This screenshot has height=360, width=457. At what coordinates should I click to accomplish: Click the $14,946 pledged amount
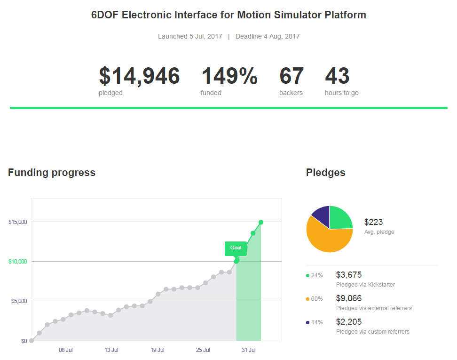(139, 76)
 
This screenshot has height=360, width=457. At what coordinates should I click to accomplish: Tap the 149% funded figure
(229, 76)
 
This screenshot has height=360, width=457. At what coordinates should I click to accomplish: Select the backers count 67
(292, 76)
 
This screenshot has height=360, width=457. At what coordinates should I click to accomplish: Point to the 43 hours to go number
(337, 76)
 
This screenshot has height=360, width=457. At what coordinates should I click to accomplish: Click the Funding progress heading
(52, 173)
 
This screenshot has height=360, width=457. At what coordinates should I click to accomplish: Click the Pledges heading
(325, 173)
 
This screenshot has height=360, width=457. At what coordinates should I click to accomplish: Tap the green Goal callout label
(236, 248)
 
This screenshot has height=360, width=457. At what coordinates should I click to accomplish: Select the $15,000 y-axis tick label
(18, 222)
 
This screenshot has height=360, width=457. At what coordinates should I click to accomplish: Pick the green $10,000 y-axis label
(18, 262)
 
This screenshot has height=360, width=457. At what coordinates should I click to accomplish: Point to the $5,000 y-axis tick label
(19, 301)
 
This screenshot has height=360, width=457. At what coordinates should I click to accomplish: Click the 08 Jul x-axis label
(65, 350)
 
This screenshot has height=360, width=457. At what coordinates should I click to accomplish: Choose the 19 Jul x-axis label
(158, 350)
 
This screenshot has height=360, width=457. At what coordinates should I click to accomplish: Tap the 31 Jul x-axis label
(249, 350)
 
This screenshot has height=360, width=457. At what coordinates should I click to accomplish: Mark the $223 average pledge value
(373, 222)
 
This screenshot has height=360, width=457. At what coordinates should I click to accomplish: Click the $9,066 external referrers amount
(349, 298)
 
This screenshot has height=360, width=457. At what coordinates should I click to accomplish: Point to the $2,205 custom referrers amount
(349, 322)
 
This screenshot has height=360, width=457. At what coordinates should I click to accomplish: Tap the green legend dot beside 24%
(307, 275)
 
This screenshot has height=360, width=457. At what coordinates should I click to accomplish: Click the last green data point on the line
(261, 222)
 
